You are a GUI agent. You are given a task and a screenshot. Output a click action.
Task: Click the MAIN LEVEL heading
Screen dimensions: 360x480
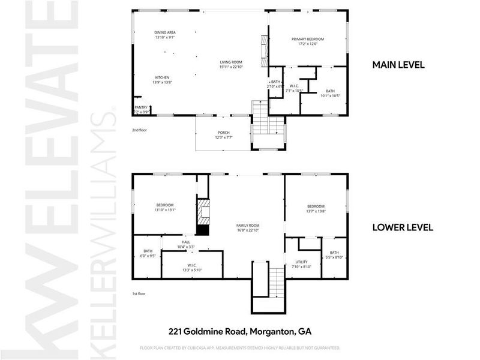pyautogui.click(x=398, y=65)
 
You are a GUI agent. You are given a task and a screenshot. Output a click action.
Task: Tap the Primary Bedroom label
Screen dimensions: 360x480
pyautogui.click(x=307, y=40)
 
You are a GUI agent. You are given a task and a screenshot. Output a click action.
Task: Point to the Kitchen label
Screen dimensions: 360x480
pyautogui.click(x=163, y=77)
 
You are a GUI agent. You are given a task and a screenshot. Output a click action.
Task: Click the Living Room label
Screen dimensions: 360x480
pyautogui.click(x=230, y=62)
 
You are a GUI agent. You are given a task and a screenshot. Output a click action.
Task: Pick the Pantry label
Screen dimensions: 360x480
pyautogui.click(x=140, y=108)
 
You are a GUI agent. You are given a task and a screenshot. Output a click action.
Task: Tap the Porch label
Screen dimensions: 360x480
pyautogui.click(x=223, y=133)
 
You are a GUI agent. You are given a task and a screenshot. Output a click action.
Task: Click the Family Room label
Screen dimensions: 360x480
pyautogui.click(x=247, y=225)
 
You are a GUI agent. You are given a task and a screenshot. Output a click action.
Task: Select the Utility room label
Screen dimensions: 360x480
pyautogui.click(x=301, y=262)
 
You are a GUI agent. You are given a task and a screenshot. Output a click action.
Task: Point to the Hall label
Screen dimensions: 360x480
pyautogui.click(x=186, y=242)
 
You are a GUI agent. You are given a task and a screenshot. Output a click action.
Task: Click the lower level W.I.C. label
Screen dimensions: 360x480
pyautogui.click(x=192, y=266)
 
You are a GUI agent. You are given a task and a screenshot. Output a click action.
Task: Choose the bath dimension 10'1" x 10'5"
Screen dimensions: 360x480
pyautogui.click(x=330, y=95)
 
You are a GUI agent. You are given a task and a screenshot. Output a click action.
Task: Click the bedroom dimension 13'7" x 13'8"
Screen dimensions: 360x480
pyautogui.click(x=316, y=211)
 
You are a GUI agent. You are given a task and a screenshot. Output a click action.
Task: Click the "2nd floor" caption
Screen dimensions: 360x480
pyautogui.click(x=139, y=130)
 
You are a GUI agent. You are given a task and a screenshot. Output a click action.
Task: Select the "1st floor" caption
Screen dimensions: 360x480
pyautogui.click(x=139, y=293)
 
